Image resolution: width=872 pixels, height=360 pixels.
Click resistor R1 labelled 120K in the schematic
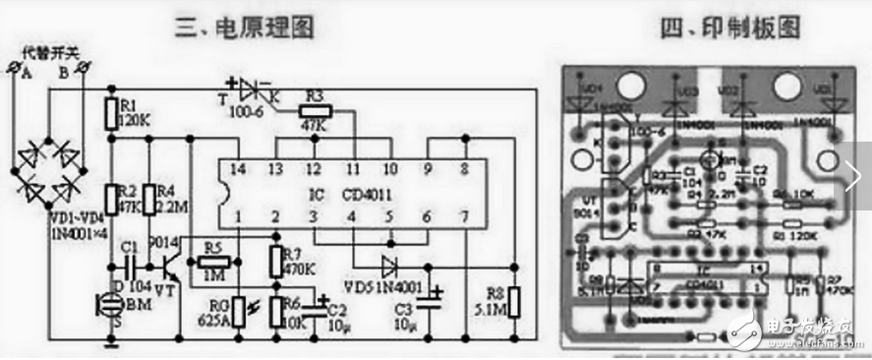point(110,110)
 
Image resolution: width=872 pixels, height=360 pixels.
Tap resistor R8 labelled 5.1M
point(513,296)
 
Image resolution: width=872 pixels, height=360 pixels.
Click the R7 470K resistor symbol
point(275,260)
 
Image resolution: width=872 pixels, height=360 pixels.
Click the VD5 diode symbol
point(389,265)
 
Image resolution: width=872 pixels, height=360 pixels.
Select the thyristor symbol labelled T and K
point(259,90)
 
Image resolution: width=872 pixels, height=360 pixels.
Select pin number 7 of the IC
point(463,215)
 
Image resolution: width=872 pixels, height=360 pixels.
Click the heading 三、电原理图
point(258,29)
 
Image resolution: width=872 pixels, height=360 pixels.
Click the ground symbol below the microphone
point(110,344)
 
